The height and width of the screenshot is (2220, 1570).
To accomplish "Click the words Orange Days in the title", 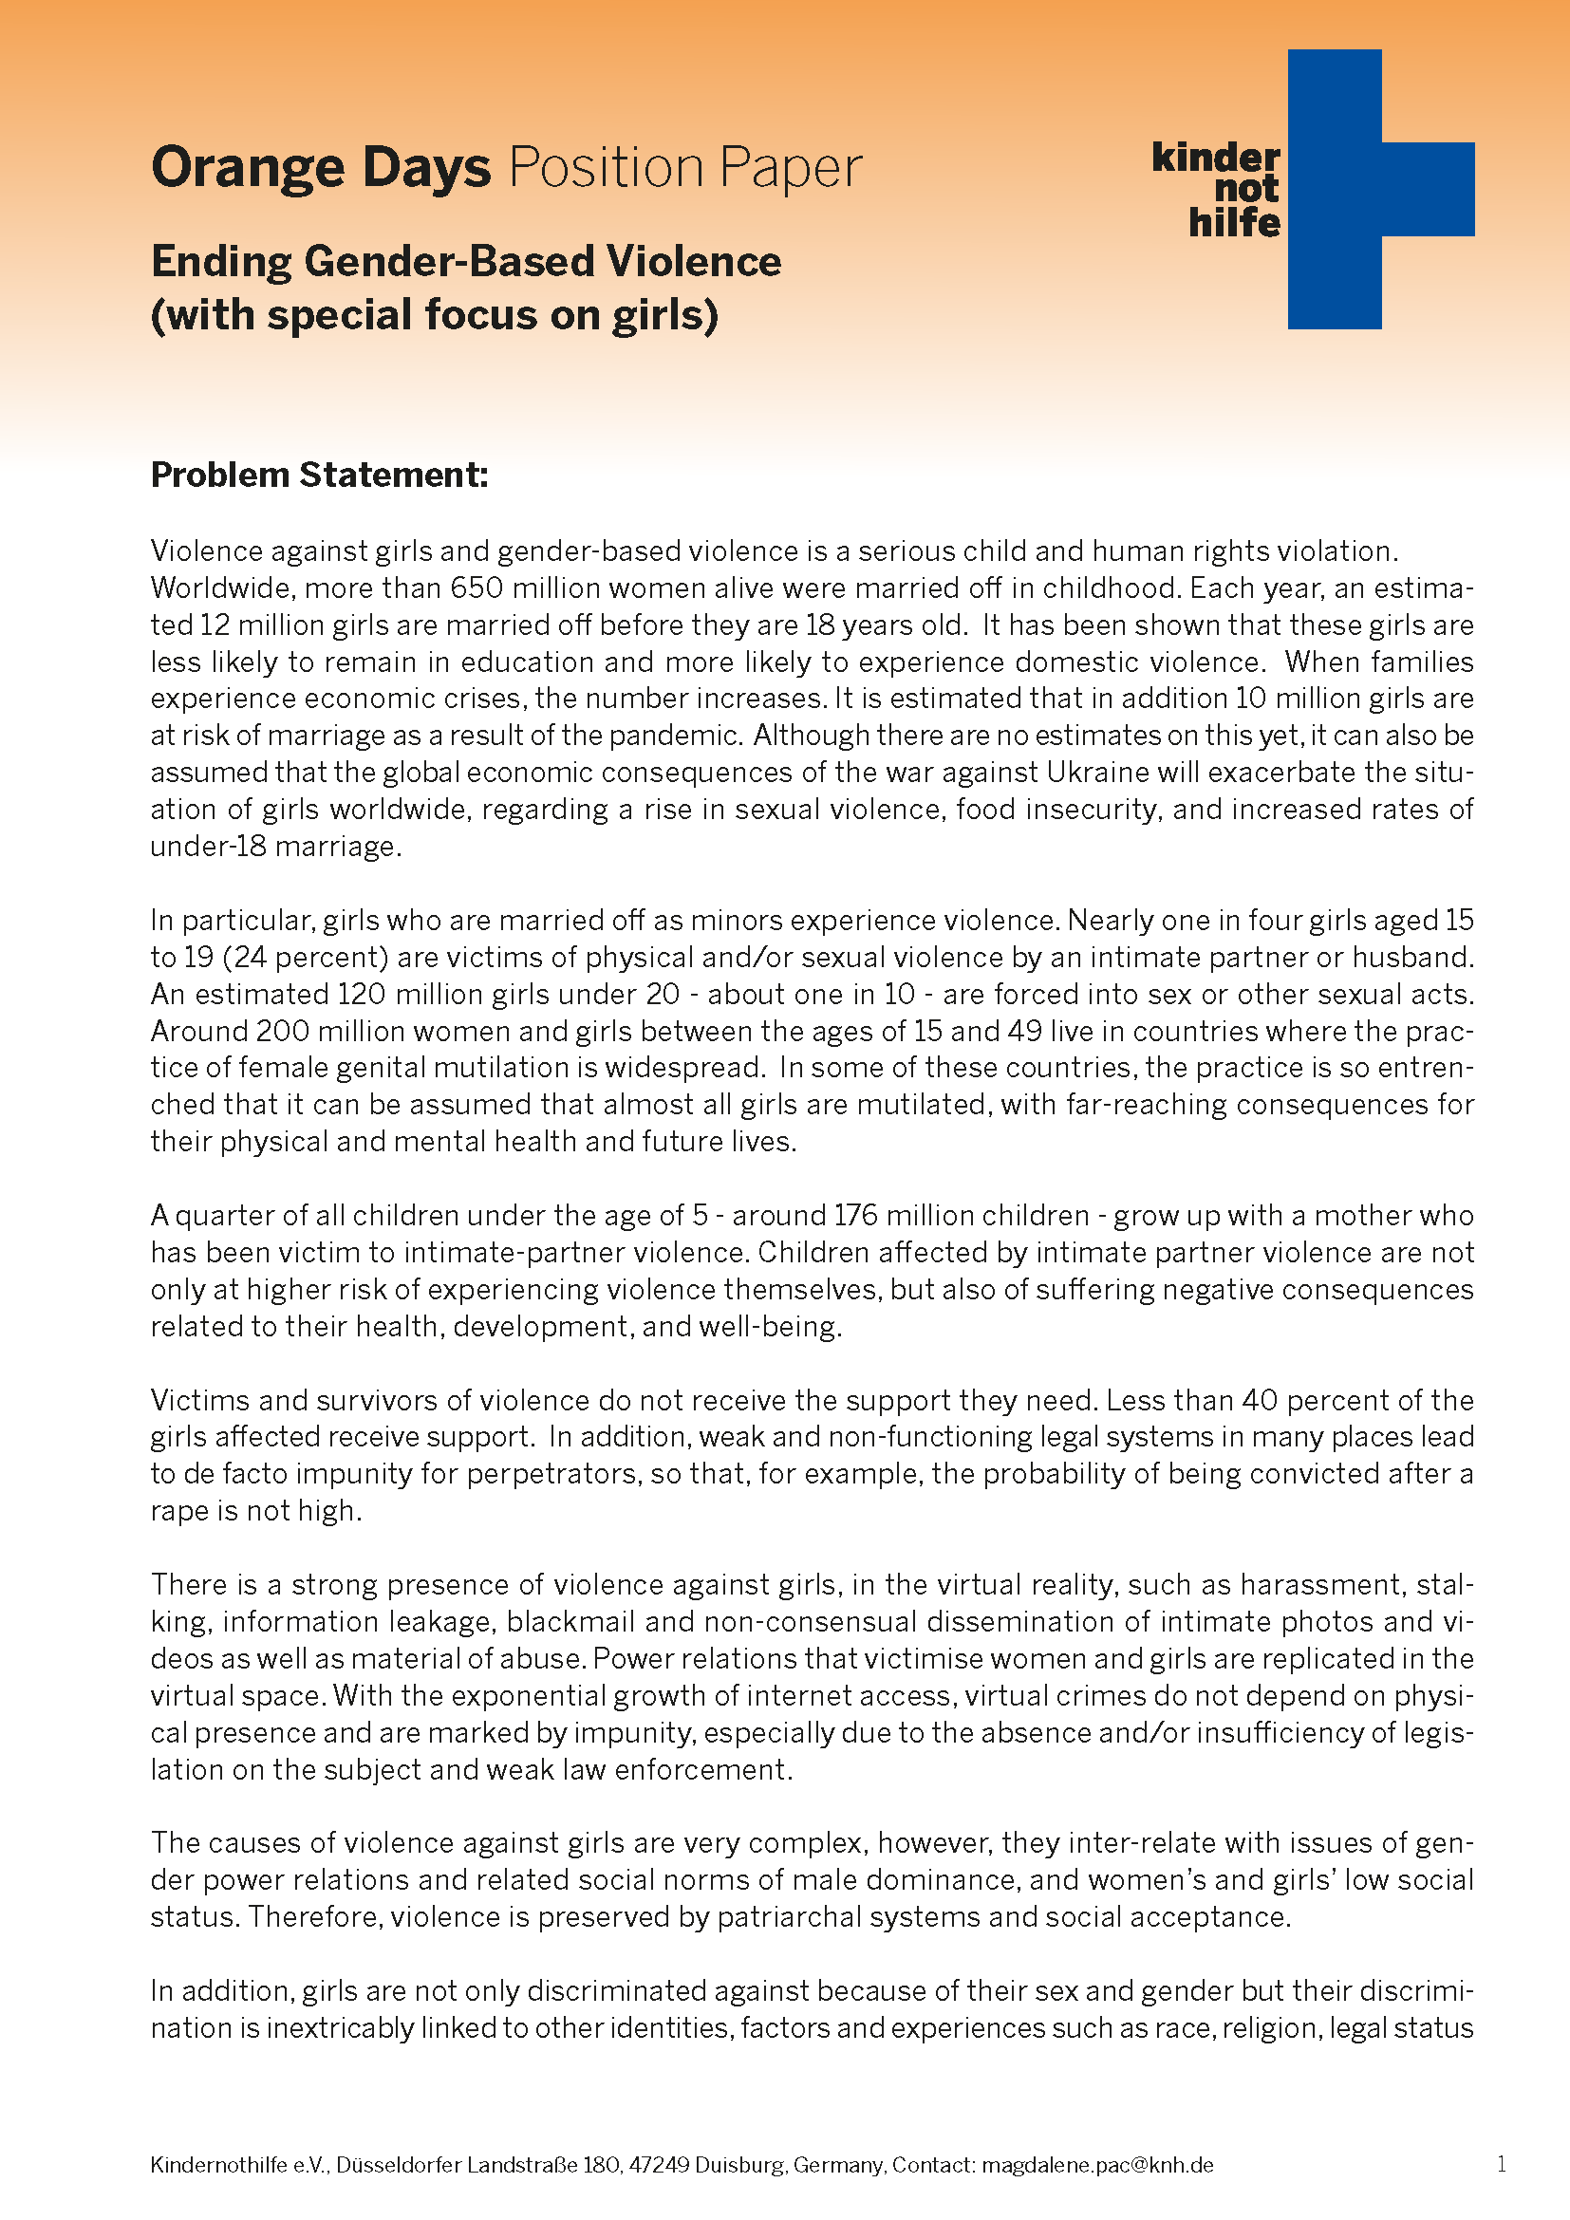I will click(x=321, y=168).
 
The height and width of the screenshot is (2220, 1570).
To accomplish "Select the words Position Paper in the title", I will click(x=684, y=168).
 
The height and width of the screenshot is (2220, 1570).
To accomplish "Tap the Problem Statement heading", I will click(x=319, y=475).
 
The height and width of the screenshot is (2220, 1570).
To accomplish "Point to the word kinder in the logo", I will click(x=1215, y=157).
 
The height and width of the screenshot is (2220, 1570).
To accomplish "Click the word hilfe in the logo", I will click(x=1234, y=222).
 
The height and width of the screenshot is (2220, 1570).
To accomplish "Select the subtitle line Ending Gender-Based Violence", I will click(x=466, y=262).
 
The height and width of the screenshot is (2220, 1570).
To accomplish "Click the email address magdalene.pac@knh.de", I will click(x=1097, y=2165).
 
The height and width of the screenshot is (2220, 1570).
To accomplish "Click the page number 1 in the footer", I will click(x=1502, y=2164).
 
